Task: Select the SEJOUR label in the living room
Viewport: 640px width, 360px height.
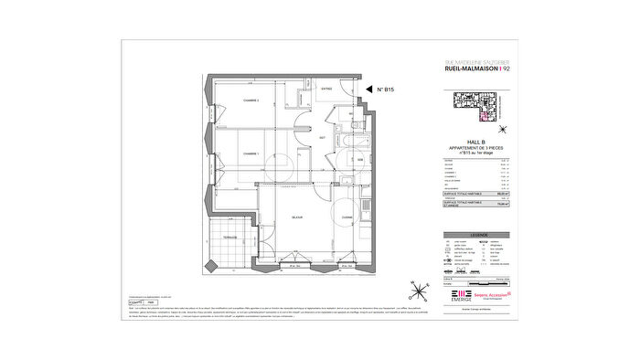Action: point(297,217)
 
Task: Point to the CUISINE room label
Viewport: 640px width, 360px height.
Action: point(347,217)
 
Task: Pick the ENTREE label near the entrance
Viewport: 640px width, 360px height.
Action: point(326,89)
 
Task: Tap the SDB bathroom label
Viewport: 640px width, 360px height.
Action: point(360,160)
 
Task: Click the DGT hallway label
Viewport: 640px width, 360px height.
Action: point(309,137)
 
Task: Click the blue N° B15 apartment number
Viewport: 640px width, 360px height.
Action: point(385,90)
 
